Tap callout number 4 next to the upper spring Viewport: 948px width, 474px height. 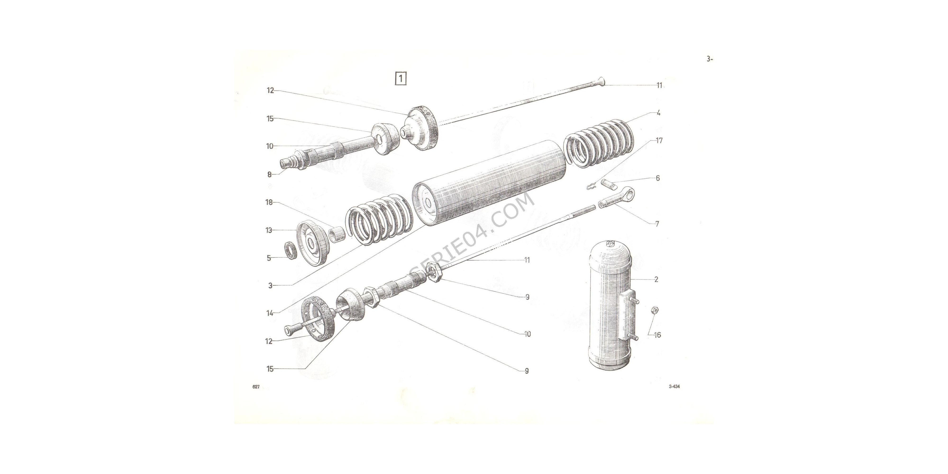pos(658,113)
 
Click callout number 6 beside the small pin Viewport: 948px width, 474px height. pos(658,178)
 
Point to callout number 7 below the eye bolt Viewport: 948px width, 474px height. pos(657,224)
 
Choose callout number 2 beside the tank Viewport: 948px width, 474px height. pos(656,279)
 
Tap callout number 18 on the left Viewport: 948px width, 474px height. pos(269,202)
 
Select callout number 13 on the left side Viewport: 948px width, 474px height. pos(269,230)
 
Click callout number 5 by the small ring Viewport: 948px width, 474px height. pos(269,258)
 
